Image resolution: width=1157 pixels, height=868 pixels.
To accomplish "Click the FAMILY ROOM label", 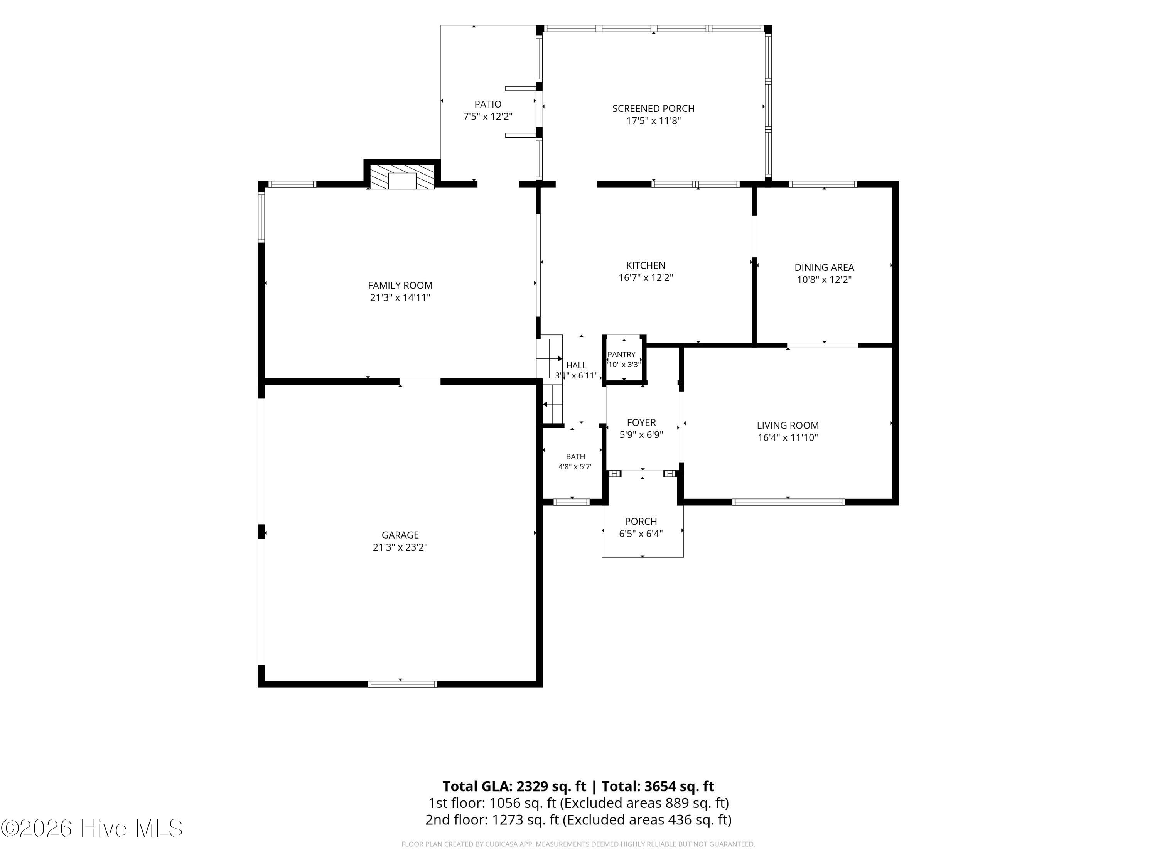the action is [400, 285].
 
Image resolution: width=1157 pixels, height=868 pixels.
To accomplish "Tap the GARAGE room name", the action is [400, 535].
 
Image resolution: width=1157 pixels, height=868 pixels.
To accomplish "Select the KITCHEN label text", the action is [646, 265].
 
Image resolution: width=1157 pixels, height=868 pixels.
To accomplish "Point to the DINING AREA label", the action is [824, 267].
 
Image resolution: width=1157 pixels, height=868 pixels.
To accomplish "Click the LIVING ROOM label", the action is [788, 426].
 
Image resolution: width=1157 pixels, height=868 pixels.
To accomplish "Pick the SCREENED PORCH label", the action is [653, 108].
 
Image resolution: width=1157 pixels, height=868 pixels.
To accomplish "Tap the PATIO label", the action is [488, 104].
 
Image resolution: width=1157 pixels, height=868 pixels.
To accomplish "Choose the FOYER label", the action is [641, 422].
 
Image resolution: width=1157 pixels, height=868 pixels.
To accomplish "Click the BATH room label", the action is [575, 457].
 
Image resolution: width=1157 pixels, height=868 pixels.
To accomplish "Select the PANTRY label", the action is [621, 354].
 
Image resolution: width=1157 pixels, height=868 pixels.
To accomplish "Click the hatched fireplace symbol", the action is [402, 177].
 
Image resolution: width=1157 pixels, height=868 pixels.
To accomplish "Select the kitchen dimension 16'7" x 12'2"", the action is [646, 278].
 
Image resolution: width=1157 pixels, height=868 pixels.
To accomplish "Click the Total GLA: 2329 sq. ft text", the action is [515, 786].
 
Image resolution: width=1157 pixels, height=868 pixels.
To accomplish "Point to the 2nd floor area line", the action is [578, 820].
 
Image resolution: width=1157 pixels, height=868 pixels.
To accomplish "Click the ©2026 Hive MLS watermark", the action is [92, 828].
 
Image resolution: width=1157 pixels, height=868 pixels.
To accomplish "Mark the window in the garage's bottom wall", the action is [403, 684].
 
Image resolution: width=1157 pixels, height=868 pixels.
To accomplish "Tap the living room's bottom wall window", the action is [788, 502].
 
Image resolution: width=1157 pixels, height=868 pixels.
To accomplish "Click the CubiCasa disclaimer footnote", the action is [578, 844].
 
